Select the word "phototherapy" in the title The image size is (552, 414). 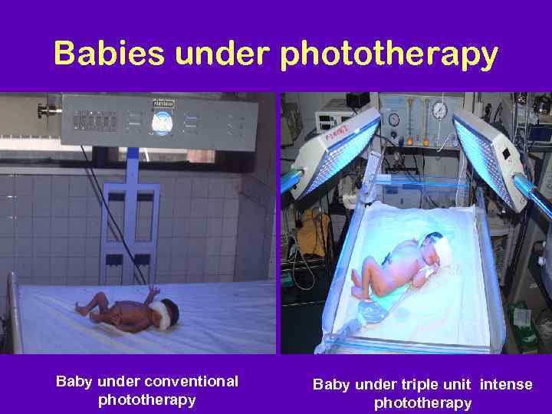389,55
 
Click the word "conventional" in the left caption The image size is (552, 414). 191,381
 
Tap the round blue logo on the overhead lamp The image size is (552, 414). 163,122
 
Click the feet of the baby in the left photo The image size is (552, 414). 82,309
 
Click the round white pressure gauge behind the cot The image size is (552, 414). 439,110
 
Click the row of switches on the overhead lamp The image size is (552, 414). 95,121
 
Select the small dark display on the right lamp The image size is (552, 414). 506,153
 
